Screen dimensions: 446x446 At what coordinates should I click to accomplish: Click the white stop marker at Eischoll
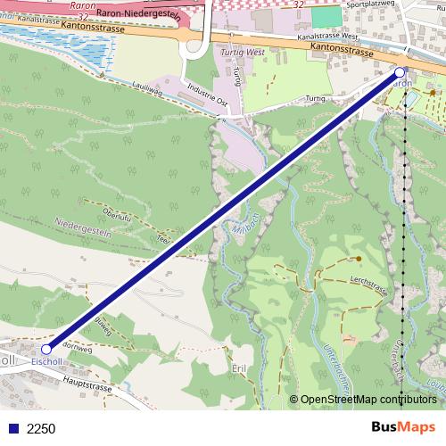pos(46,350)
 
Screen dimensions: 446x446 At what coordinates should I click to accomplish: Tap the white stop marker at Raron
pos(400,71)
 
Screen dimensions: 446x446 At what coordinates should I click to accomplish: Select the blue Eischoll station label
pos(46,362)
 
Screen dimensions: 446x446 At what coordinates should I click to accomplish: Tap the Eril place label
pos(237,368)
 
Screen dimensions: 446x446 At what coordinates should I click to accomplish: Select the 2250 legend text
pos(41,429)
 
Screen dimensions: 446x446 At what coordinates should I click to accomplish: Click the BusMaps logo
pos(402,427)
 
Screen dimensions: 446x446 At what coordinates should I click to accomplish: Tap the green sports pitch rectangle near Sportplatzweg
pos(326,17)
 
